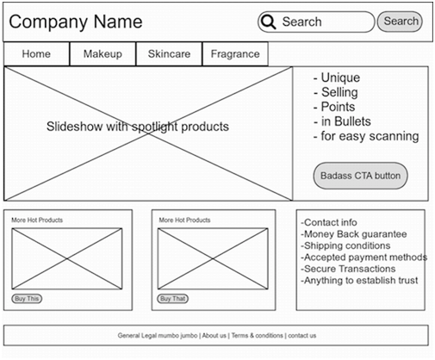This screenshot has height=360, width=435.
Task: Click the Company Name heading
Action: [x=76, y=22]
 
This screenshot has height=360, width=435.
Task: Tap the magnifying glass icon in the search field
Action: [x=269, y=22]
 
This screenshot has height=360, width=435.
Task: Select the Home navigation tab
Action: [x=36, y=54]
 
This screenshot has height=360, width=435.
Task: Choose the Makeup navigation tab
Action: [x=103, y=54]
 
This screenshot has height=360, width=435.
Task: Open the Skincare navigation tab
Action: [x=169, y=54]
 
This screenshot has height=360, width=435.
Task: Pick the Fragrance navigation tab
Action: [x=235, y=54]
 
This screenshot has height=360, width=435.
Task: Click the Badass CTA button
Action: [x=360, y=176]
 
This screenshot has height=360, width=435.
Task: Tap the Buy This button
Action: [x=27, y=299]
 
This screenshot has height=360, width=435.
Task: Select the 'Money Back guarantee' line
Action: [x=354, y=234]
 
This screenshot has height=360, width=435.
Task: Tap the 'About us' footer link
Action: [x=214, y=335]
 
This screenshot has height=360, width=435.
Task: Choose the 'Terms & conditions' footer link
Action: [x=258, y=335]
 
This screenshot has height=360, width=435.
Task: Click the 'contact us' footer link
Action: [x=302, y=335]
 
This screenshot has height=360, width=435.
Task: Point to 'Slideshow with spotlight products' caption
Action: [x=138, y=127]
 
